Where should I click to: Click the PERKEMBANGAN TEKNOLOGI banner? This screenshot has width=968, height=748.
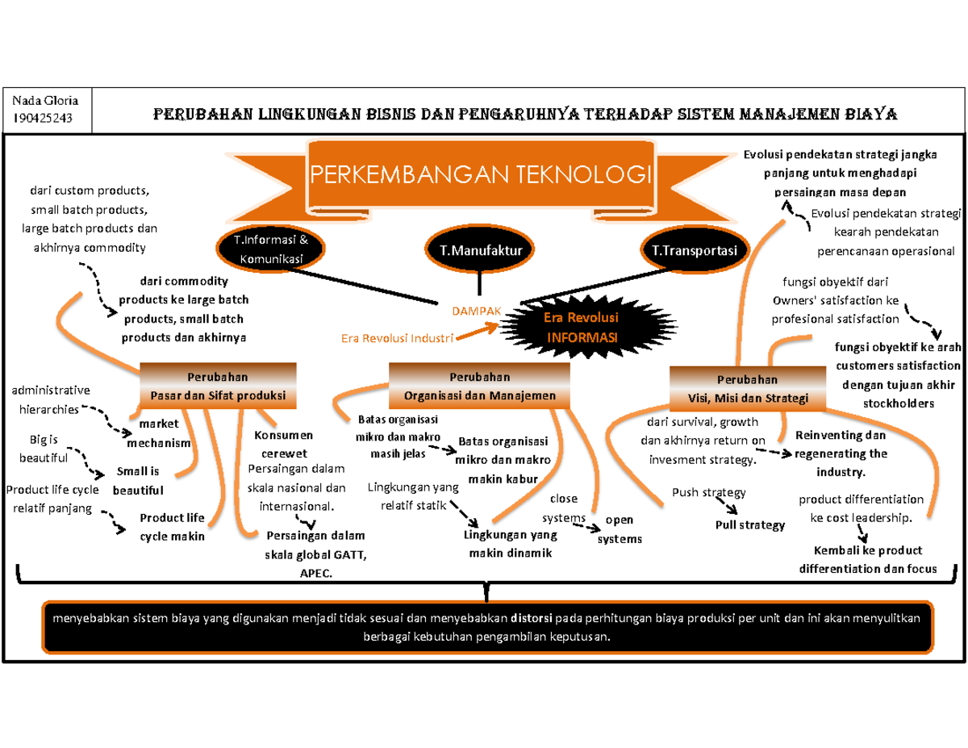[x=480, y=174]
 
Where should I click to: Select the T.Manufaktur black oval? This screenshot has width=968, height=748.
[x=481, y=251]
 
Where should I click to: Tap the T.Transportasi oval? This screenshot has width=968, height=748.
[x=695, y=251]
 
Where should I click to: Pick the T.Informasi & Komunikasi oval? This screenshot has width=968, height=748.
[x=271, y=251]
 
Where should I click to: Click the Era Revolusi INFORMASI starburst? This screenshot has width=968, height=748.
[x=580, y=326]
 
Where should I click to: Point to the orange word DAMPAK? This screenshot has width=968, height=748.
[x=476, y=310]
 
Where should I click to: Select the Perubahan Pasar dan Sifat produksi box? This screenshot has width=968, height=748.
[x=218, y=386]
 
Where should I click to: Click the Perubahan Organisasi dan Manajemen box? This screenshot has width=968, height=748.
[x=479, y=386]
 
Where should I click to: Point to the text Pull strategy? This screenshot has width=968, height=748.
[x=749, y=525]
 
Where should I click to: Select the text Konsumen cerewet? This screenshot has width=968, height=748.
[x=278, y=444]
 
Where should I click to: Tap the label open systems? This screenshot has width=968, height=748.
[x=620, y=529]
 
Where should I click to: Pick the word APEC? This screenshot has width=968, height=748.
[x=315, y=571]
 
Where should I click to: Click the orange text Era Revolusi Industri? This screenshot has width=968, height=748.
[x=395, y=338]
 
